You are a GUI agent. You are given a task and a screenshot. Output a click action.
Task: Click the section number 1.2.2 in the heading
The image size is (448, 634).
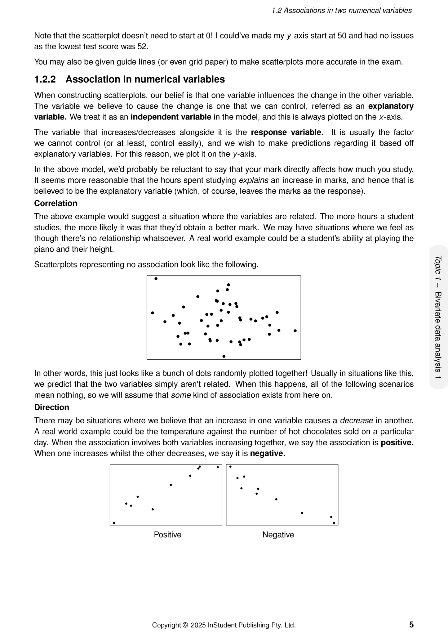(x=45, y=79)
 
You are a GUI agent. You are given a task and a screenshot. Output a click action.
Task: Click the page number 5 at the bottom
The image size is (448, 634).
(x=411, y=624)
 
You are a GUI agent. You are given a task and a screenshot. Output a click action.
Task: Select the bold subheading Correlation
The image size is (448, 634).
(x=55, y=203)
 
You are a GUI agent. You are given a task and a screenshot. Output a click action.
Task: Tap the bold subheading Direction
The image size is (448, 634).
(x=51, y=407)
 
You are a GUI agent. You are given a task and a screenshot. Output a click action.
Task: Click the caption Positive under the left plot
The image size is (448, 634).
(x=167, y=534)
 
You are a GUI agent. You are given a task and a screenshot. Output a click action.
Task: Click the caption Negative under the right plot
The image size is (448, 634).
(x=278, y=534)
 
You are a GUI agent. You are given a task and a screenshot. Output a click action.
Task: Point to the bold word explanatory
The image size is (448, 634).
(x=391, y=106)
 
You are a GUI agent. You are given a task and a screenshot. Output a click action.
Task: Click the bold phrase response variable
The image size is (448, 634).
(x=287, y=133)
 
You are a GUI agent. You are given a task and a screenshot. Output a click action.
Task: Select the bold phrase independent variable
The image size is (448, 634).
(x=171, y=117)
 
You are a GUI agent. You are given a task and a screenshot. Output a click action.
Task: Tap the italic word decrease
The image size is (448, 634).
(x=357, y=420)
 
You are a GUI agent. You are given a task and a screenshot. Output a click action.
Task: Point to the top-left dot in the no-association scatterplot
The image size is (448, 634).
(x=156, y=279)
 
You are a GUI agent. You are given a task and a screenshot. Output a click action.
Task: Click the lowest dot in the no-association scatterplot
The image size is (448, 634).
(x=224, y=356)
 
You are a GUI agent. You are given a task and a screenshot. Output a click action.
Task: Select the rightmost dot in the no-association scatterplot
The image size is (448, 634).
(x=295, y=331)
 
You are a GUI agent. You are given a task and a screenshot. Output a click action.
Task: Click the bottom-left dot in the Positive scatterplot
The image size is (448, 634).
(x=114, y=523)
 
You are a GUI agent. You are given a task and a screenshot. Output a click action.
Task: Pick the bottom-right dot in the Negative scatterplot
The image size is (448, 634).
(x=334, y=523)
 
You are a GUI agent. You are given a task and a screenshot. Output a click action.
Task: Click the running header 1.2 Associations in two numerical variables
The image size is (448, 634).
(x=342, y=11)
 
